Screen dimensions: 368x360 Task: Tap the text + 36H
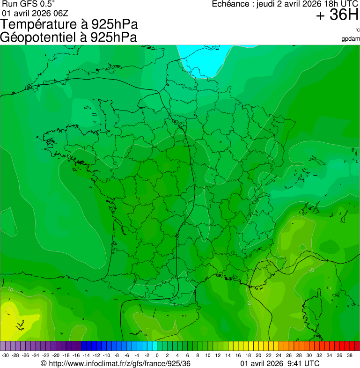tap(337, 15)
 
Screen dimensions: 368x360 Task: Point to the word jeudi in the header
tap(267, 4)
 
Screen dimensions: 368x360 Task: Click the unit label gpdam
tap(351, 38)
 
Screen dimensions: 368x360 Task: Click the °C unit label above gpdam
tap(357, 30)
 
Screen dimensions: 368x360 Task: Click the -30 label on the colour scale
tap(5, 355)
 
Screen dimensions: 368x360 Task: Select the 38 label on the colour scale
tap(354, 355)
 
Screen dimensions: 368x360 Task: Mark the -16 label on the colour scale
tap(76, 355)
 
